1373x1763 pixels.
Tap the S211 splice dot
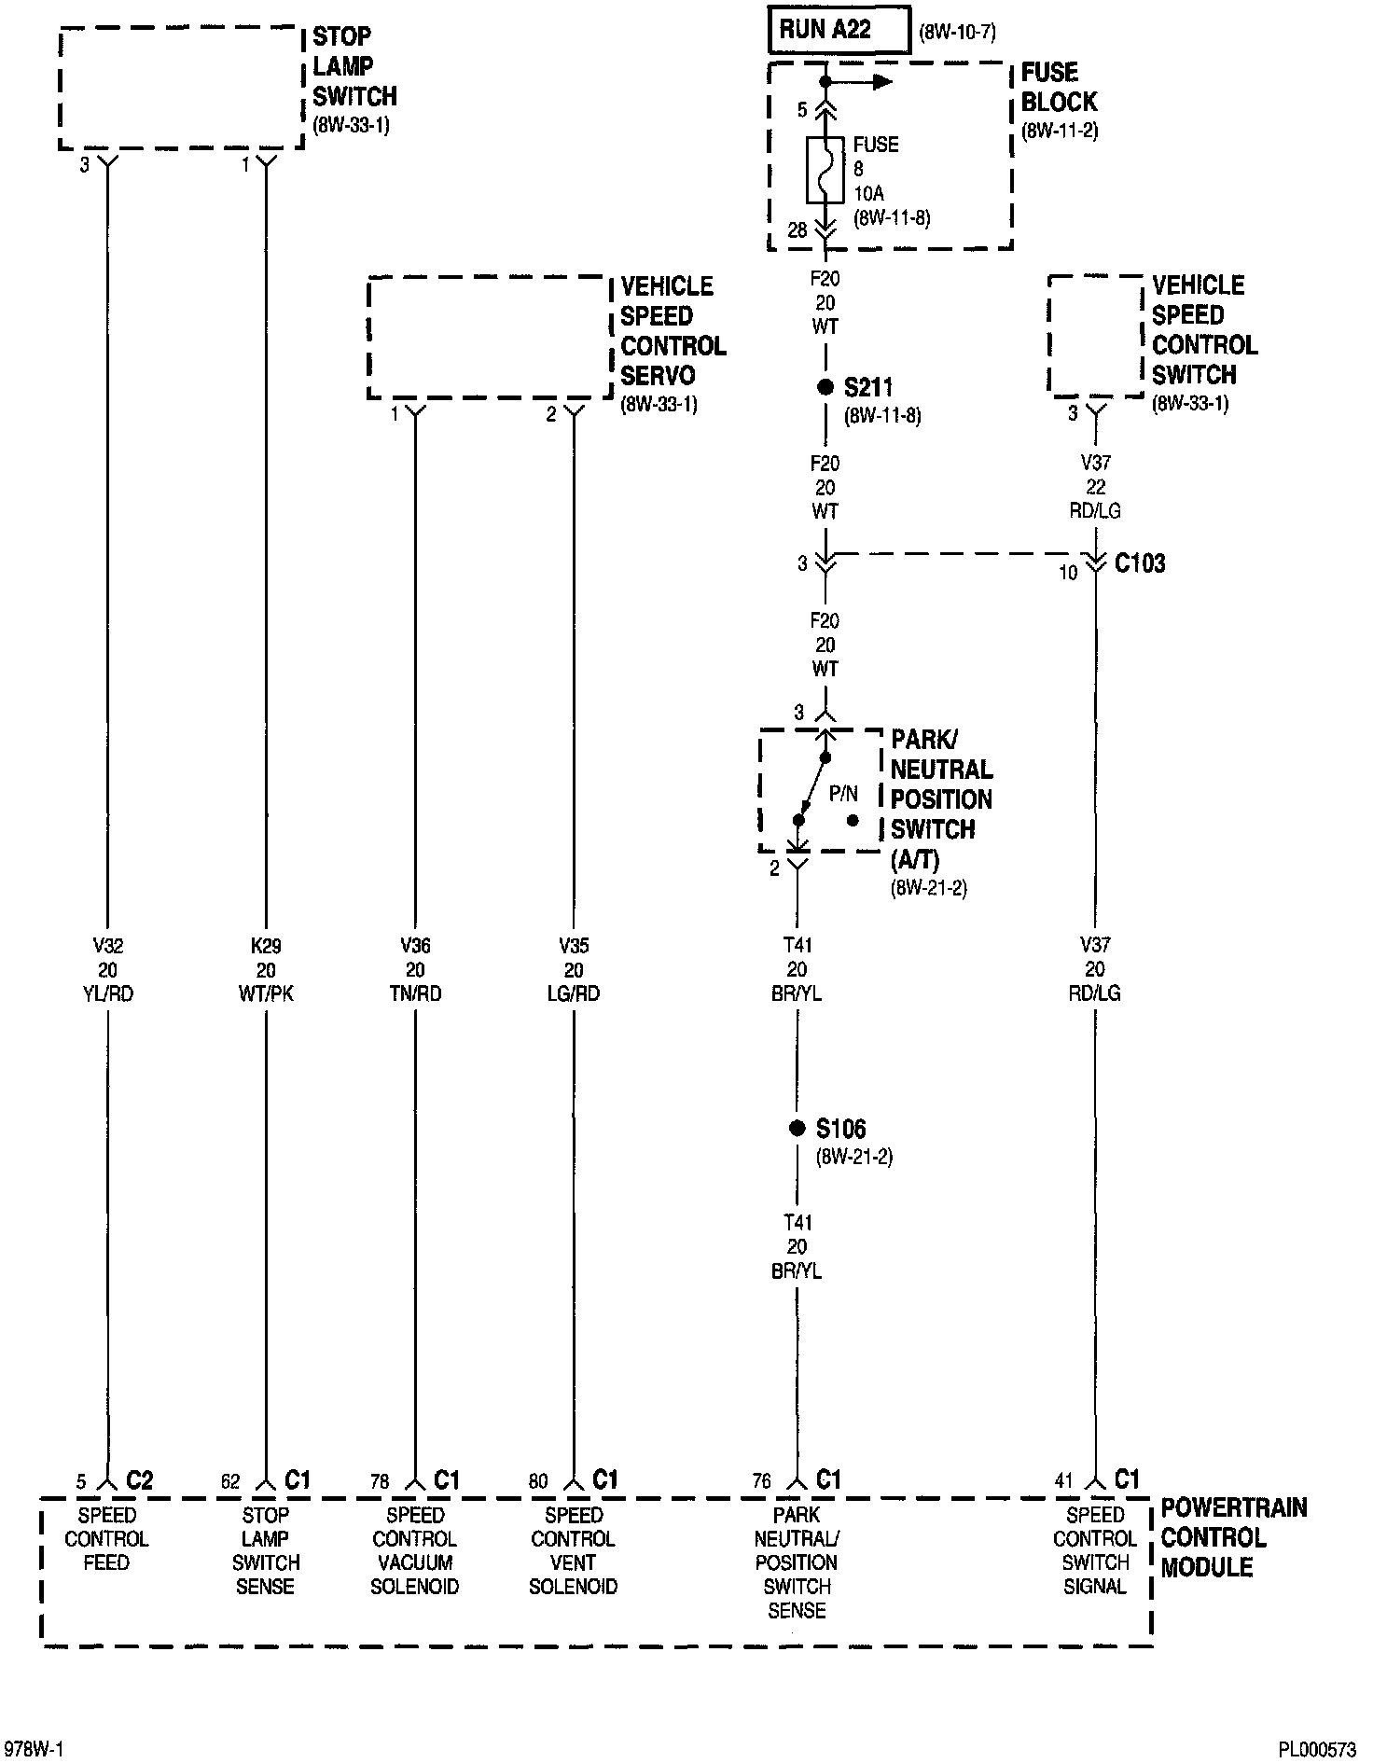(x=825, y=387)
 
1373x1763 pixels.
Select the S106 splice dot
(x=797, y=1129)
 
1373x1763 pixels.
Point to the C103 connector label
(x=1140, y=563)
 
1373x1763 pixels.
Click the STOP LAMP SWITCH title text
(x=354, y=66)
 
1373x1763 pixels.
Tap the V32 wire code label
(x=107, y=946)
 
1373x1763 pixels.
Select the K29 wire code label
(x=266, y=946)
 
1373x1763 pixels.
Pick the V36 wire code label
(x=415, y=946)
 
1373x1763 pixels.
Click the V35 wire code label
(x=574, y=946)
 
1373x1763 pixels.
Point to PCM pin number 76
(x=762, y=1482)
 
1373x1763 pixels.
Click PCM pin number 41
(x=1064, y=1481)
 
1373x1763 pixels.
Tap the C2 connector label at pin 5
(x=139, y=1480)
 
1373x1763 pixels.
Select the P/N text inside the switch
(x=843, y=794)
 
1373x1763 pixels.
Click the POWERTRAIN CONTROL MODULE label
(x=1233, y=1537)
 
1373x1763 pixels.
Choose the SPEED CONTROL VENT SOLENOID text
(x=574, y=1550)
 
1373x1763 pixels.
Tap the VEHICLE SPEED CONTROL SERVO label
(x=673, y=331)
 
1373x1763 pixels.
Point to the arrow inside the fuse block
(x=872, y=82)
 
